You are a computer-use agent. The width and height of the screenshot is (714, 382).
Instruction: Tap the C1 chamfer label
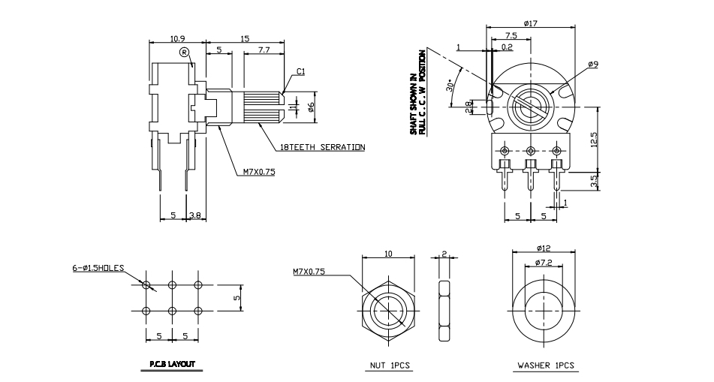[x=300, y=71]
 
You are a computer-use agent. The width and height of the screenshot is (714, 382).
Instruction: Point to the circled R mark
[x=184, y=52]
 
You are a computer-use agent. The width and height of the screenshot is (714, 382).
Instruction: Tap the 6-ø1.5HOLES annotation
[x=98, y=267]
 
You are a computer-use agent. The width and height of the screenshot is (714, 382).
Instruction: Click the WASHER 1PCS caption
[x=546, y=365]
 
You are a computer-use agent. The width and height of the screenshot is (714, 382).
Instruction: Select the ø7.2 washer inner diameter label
[x=544, y=262]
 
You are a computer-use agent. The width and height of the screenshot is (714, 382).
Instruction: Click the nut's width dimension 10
[x=388, y=254]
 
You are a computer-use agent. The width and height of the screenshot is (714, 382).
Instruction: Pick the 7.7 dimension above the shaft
[x=264, y=50]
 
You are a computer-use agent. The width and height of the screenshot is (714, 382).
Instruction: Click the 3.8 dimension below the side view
[x=194, y=215]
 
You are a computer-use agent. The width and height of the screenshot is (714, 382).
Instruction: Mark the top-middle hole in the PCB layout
[x=172, y=284]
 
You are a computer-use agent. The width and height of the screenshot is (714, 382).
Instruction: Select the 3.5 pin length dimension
[x=594, y=180]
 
